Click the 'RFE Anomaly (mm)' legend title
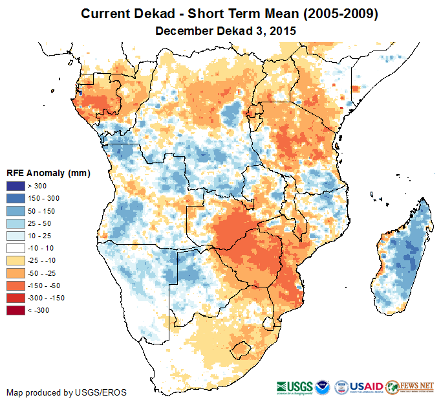(48, 174)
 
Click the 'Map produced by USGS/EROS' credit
(67, 392)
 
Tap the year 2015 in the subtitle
(275, 30)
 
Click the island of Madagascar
(404, 259)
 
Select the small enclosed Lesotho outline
(241, 350)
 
